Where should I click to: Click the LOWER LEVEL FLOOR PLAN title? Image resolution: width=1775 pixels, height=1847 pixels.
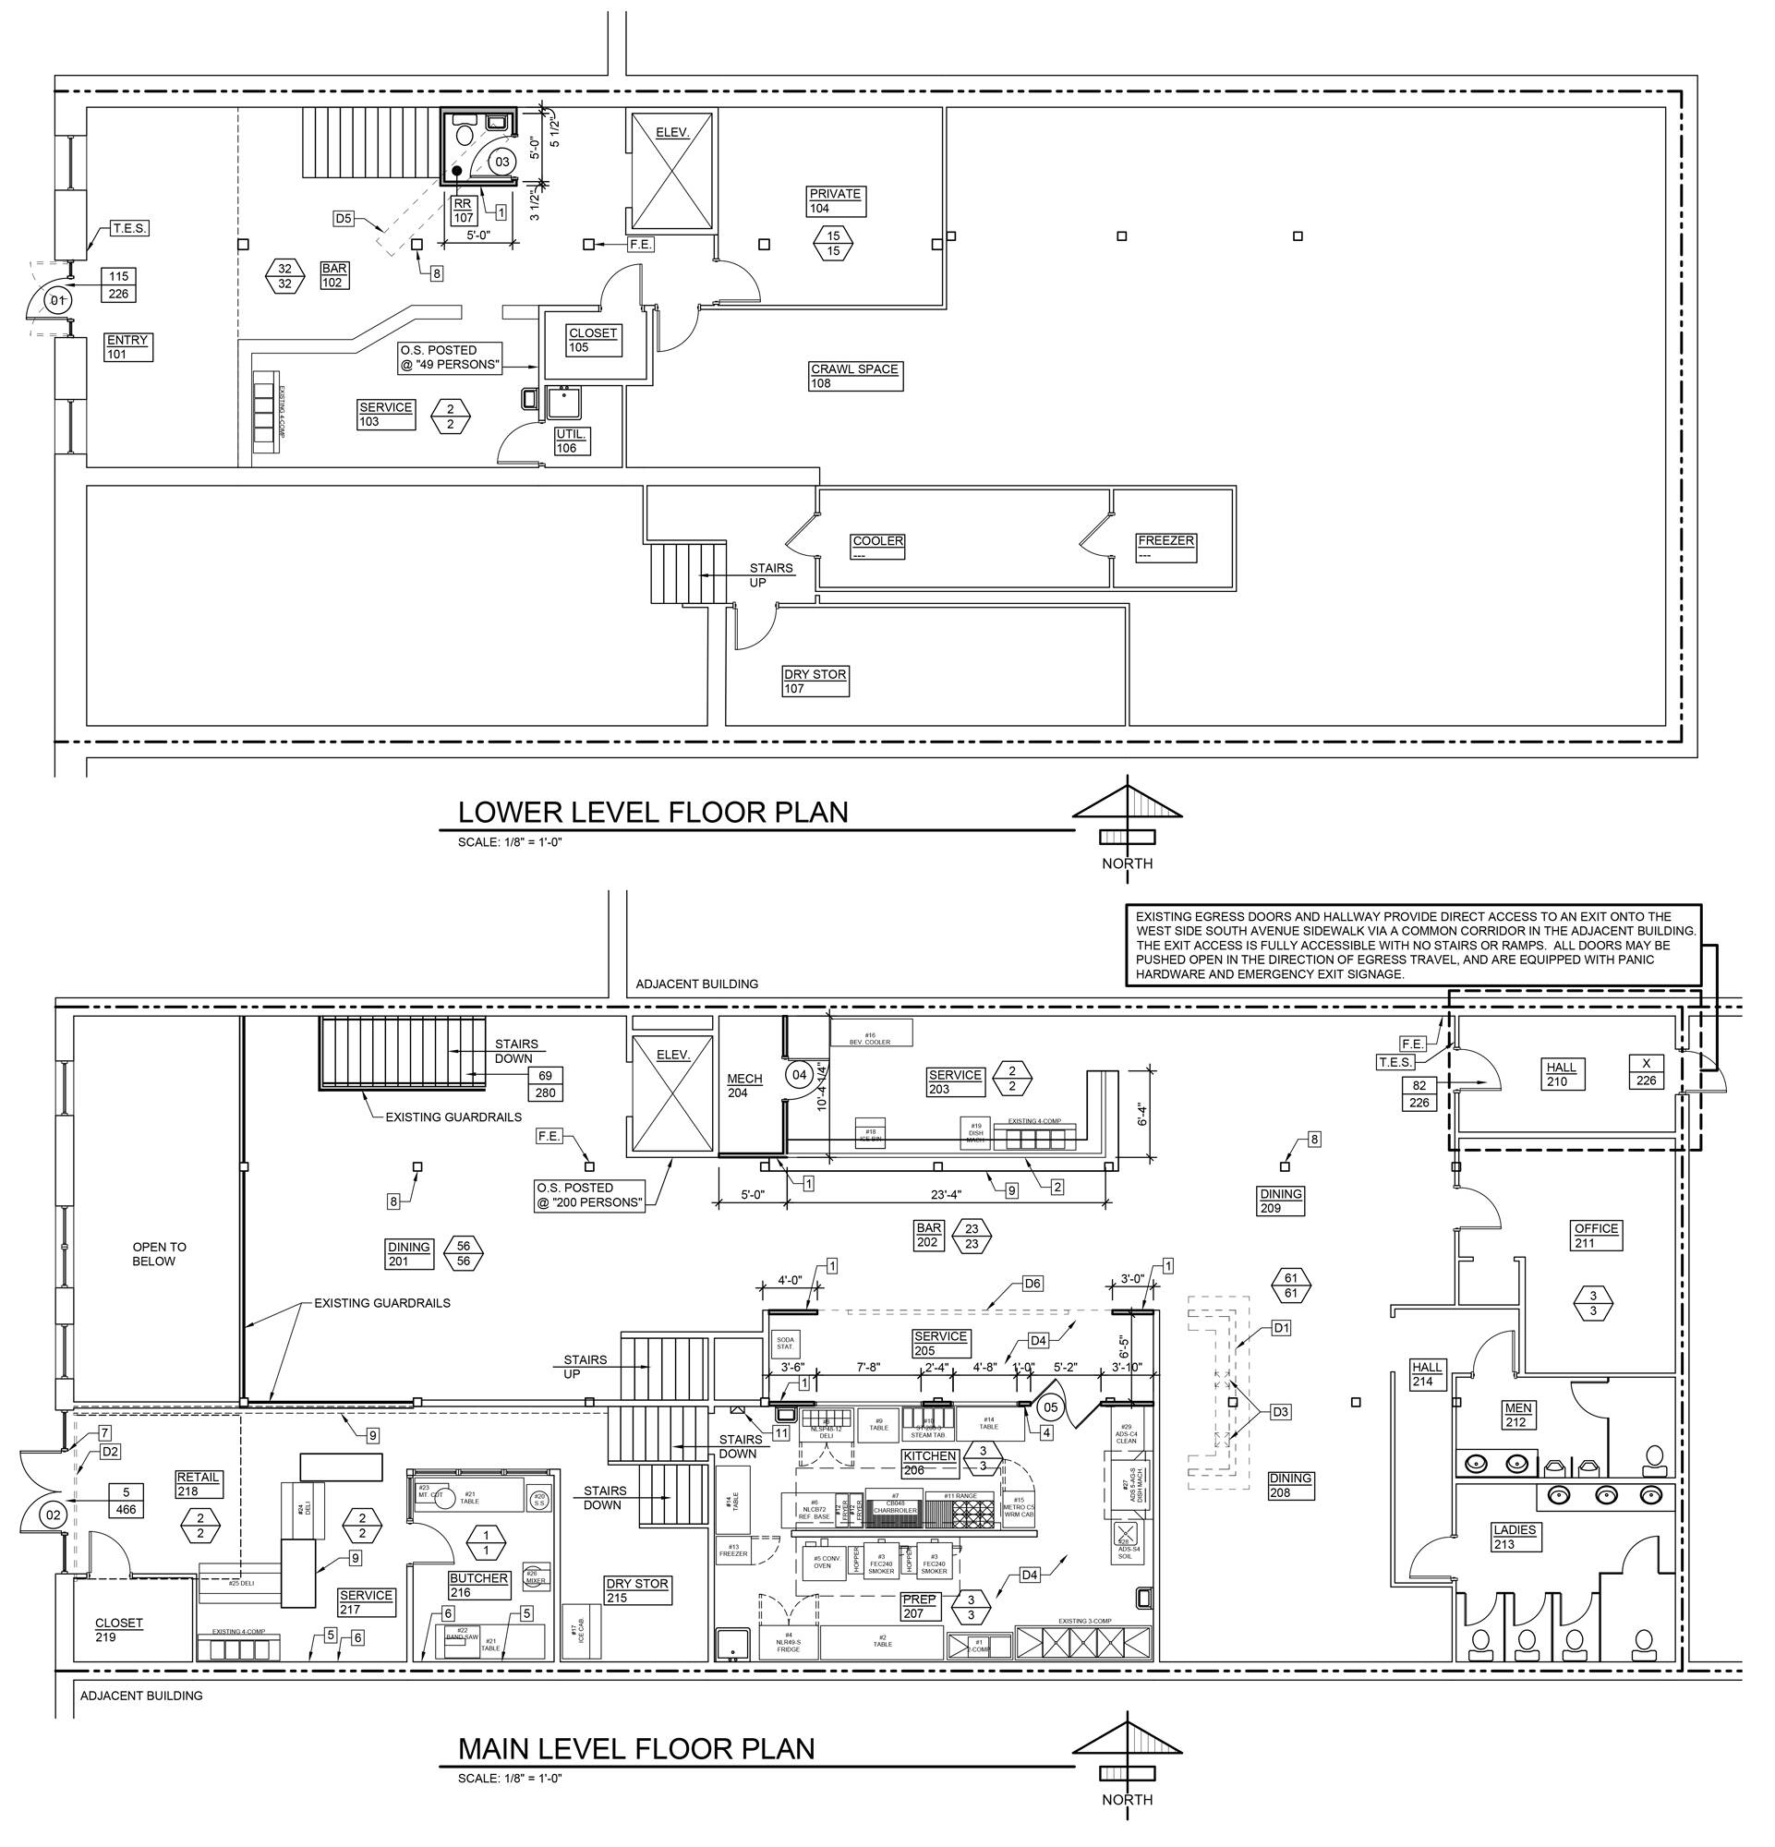(x=652, y=813)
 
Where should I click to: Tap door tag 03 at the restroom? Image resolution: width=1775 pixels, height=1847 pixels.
(x=502, y=163)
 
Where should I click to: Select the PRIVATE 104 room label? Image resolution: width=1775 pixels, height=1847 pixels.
(x=835, y=200)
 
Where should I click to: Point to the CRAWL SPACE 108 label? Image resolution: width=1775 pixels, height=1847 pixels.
(x=854, y=376)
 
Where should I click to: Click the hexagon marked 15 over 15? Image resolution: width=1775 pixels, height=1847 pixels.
(x=833, y=243)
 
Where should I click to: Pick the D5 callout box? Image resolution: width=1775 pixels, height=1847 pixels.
(x=344, y=219)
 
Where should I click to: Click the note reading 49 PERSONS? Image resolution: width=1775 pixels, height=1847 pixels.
(x=450, y=357)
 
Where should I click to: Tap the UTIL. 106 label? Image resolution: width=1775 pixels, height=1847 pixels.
(x=572, y=441)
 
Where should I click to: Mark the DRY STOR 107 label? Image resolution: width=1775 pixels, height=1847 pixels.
(x=815, y=681)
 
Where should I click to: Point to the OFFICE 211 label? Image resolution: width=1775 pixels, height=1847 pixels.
(x=1596, y=1236)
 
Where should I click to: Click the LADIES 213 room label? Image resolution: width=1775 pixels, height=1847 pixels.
(x=1514, y=1537)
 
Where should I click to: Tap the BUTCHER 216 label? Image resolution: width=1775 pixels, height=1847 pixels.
(x=477, y=1585)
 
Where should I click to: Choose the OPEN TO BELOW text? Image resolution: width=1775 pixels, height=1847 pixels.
(x=153, y=1254)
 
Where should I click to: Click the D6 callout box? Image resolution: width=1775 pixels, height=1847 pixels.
(x=1032, y=1284)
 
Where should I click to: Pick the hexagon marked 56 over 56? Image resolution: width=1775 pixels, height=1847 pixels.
(x=463, y=1253)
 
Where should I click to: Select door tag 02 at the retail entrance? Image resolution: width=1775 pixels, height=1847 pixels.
(x=53, y=1516)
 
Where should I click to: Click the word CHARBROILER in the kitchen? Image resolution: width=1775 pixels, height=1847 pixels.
(x=894, y=1510)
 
